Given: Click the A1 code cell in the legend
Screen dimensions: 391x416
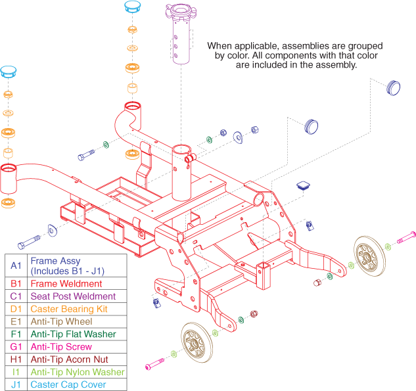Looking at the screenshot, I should tap(16, 265).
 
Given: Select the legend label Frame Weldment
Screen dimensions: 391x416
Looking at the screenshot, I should tap(66, 284).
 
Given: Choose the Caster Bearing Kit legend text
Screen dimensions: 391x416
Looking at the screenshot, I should tap(69, 309).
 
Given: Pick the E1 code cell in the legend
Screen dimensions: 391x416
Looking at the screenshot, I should tap(16, 321).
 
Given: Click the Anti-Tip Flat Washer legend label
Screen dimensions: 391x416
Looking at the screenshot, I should tap(73, 334).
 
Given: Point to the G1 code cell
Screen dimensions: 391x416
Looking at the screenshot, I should tap(16, 346).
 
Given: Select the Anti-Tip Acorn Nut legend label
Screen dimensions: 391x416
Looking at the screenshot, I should tap(71, 359).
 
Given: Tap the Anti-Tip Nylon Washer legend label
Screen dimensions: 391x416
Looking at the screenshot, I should tap(77, 372).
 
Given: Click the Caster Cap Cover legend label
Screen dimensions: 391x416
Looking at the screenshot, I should tap(68, 384).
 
